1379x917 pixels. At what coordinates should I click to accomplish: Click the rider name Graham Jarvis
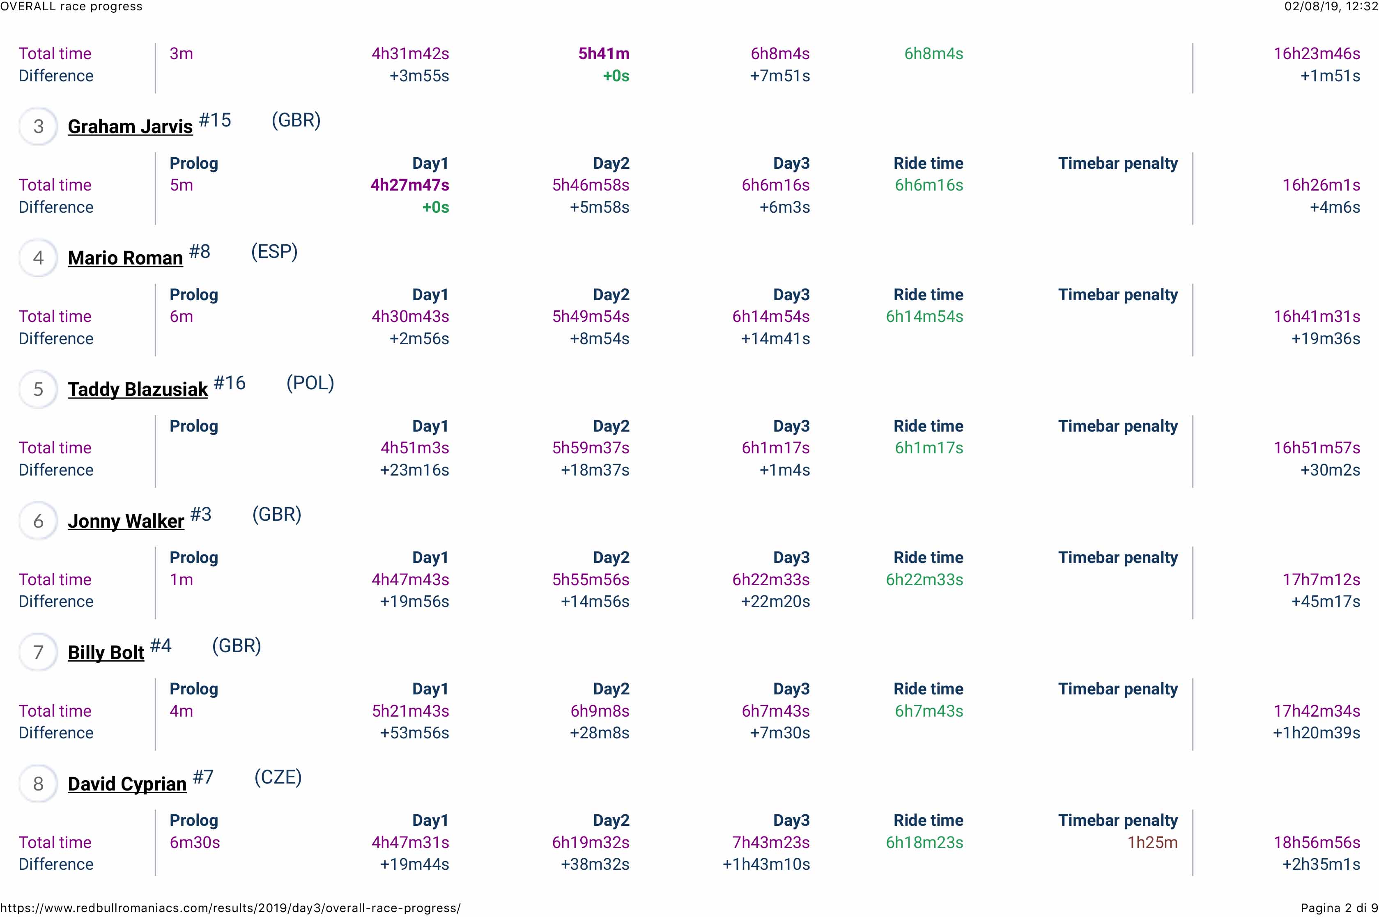(130, 126)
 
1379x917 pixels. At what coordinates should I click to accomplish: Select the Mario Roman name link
(125, 258)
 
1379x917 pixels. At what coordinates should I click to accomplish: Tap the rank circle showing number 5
(39, 389)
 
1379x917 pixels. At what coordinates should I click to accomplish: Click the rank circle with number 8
(39, 784)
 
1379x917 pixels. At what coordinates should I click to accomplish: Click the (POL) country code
(310, 383)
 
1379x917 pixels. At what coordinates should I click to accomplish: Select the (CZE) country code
(278, 777)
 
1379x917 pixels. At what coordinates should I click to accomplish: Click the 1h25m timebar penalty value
(1151, 842)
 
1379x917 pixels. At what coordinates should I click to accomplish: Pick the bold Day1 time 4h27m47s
(409, 185)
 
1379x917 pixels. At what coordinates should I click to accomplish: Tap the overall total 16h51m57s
(1317, 448)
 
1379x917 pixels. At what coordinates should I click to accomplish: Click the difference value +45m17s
(1325, 601)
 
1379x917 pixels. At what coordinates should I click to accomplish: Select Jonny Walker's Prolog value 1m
(181, 579)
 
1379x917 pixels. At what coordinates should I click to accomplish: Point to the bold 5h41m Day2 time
(604, 54)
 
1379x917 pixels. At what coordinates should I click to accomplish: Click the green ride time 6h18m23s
(924, 842)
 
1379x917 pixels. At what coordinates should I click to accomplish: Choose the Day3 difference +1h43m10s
(766, 864)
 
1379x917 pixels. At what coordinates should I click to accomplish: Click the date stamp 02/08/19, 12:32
(1331, 7)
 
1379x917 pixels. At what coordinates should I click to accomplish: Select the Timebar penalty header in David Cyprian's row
(1117, 820)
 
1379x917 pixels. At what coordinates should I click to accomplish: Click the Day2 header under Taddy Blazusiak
(611, 426)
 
